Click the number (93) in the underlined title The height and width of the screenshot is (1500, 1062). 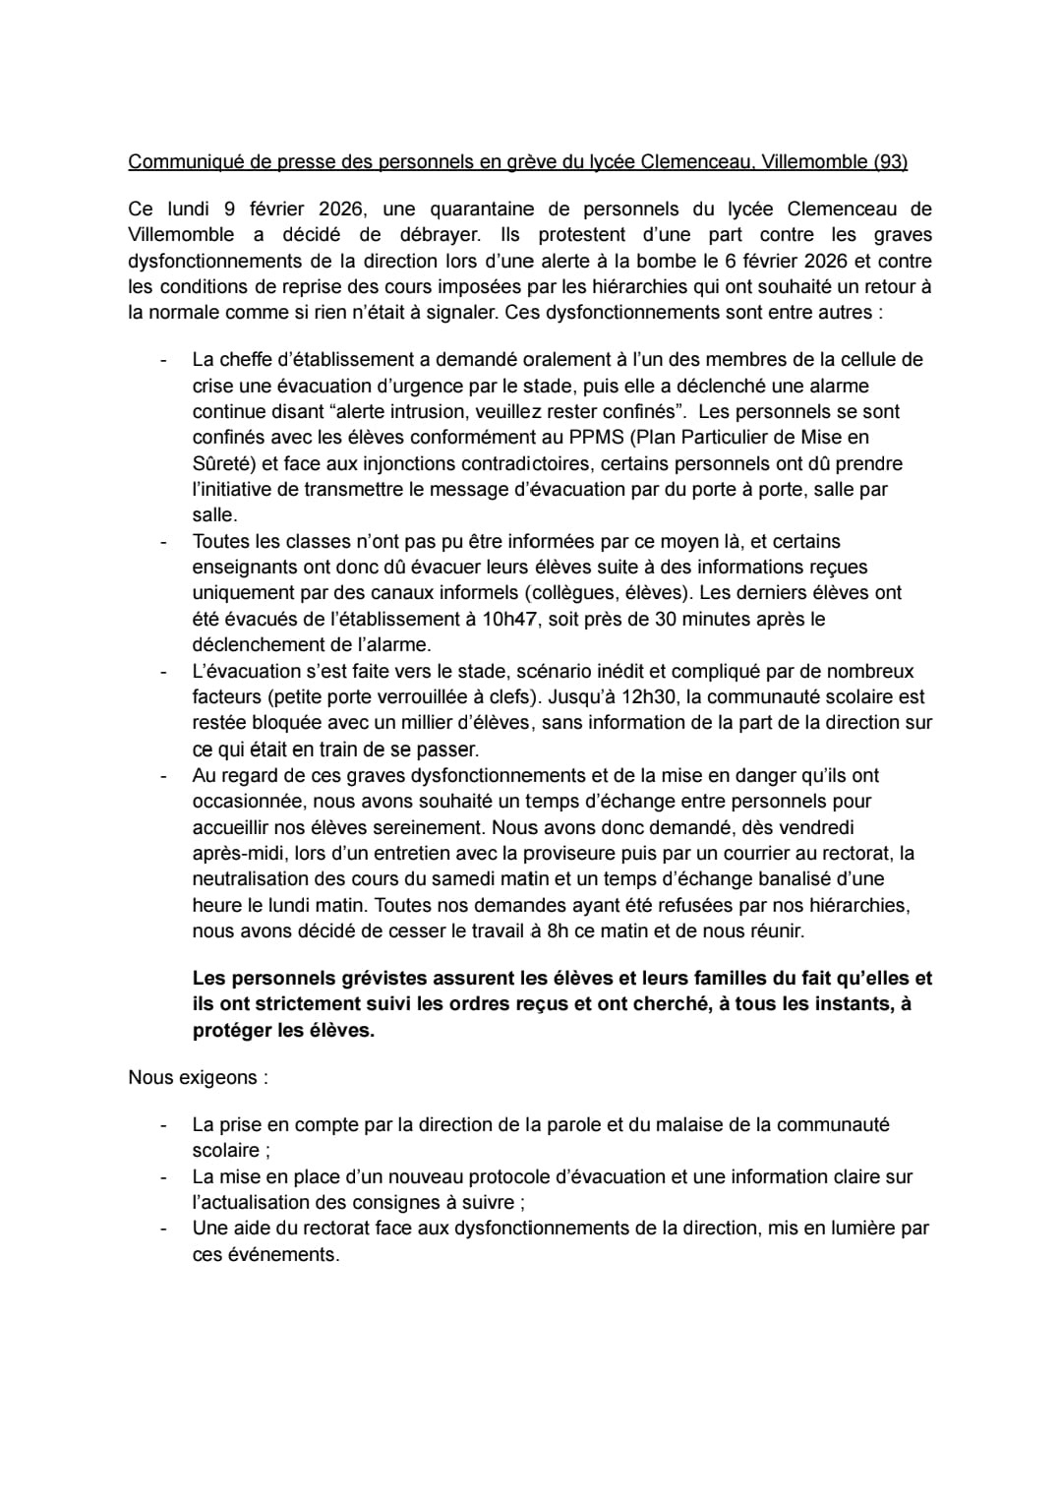pyautogui.click(x=890, y=161)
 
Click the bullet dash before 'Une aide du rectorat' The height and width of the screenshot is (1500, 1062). pyautogui.click(x=164, y=1228)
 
